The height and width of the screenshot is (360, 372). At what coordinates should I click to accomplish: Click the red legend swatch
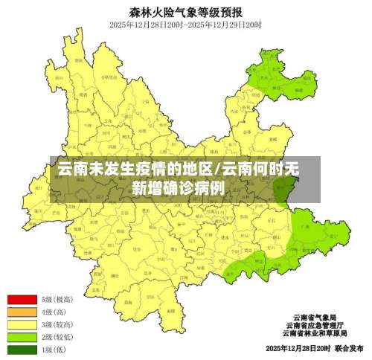coord(22,299)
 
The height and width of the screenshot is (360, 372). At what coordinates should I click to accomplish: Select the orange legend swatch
coord(22,312)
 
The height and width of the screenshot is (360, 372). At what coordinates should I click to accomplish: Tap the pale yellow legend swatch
coord(22,324)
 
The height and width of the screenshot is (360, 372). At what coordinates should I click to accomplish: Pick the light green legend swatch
coord(22,337)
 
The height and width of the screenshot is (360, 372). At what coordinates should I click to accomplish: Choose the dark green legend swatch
coord(22,350)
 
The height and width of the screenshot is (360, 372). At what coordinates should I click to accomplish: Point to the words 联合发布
coord(349,348)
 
